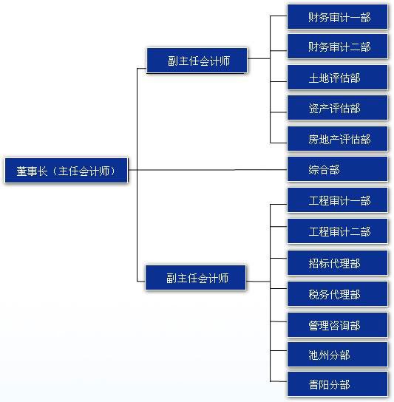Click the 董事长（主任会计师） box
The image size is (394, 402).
(67, 170)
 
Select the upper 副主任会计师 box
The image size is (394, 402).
(197, 61)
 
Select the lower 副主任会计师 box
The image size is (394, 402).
(196, 278)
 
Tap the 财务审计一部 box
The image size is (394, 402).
(337, 17)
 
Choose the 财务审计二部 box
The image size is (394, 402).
(337, 47)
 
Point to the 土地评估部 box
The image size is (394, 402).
(337, 77)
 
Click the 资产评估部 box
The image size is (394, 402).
(337, 108)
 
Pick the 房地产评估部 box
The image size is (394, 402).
(337, 138)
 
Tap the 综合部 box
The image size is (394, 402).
(337, 169)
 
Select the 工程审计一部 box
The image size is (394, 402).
(337, 200)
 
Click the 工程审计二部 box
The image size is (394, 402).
(337, 231)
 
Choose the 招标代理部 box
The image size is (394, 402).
(337, 263)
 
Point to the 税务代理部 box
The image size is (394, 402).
(337, 294)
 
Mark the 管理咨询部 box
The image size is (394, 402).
(337, 325)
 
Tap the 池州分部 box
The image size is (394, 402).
(337, 355)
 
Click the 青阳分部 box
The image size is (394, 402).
(337, 384)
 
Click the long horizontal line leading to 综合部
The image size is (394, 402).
(208, 169)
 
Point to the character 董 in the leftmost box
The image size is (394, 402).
(21, 171)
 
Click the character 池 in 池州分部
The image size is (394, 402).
(313, 355)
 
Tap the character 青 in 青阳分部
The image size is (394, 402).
(313, 384)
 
